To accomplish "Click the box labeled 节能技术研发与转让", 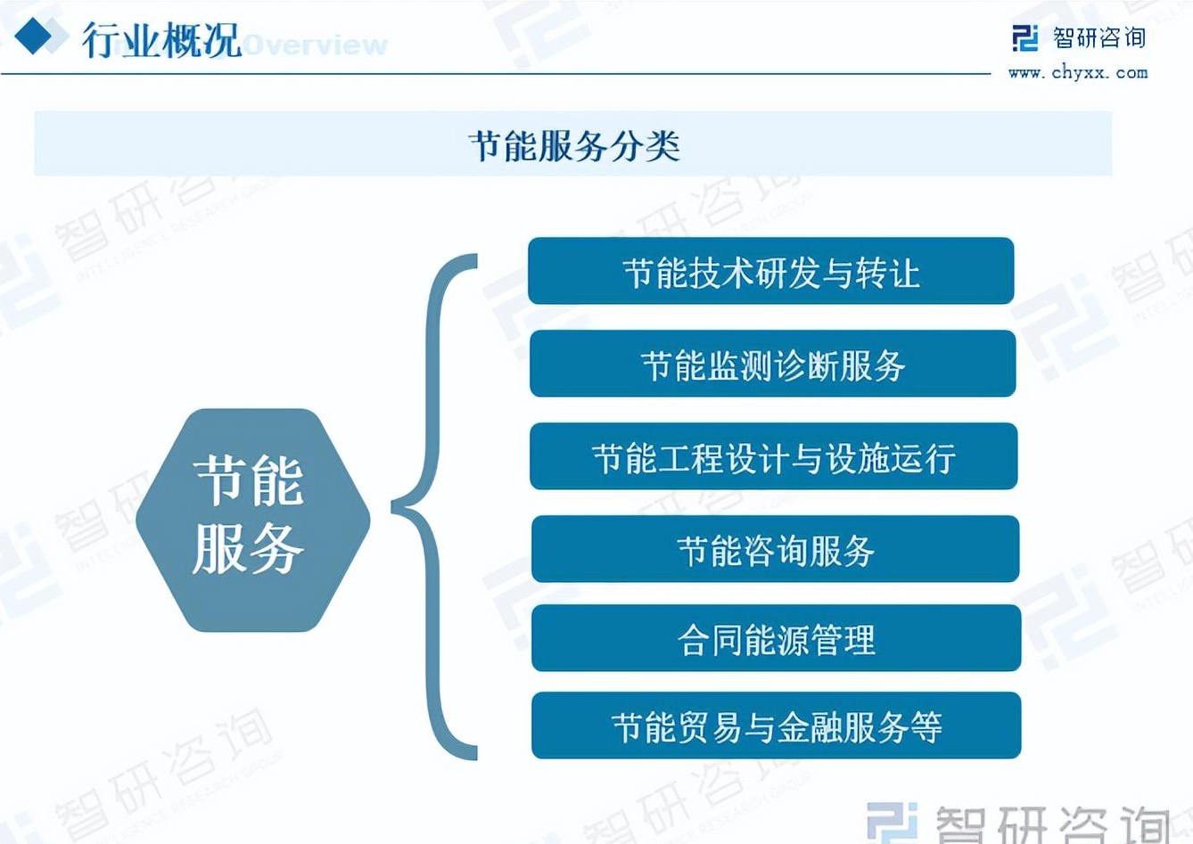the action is click(770, 271).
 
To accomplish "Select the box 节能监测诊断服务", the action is click(772, 364).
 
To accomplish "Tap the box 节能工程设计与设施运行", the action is click(773, 456).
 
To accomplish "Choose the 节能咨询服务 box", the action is click(775, 549).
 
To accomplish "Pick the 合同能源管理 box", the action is click(776, 638).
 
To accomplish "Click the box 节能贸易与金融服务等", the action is click(776, 725).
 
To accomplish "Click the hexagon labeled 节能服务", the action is click(253, 520).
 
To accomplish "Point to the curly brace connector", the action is click(432, 507).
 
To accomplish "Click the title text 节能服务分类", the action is click(574, 145).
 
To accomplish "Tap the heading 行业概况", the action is click(161, 40).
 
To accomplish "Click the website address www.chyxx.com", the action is click(1078, 73).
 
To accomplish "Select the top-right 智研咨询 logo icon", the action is click(1024, 38).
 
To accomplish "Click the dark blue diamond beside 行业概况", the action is click(33, 36).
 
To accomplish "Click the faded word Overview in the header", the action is click(317, 45).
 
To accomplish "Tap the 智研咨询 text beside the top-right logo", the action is click(1099, 38).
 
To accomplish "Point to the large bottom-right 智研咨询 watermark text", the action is click(1052, 825).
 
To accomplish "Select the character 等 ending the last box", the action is click(926, 727).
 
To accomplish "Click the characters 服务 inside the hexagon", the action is click(248, 549).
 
